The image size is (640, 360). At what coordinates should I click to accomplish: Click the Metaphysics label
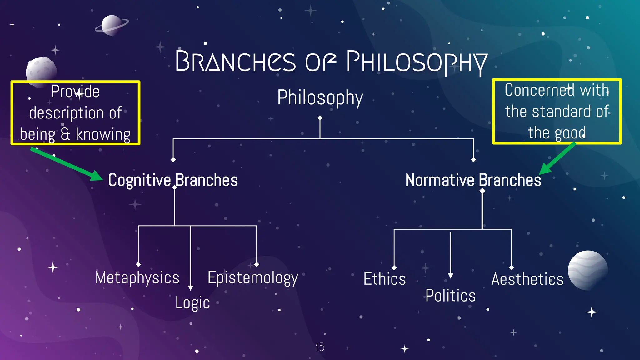[137, 277]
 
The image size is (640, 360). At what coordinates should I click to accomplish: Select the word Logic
[192, 302]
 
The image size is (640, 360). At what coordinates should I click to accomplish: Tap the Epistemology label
[252, 278]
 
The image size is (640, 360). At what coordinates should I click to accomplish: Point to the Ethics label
[384, 279]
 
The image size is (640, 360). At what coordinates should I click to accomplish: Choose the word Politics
[450, 295]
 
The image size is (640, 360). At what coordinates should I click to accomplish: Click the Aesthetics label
[527, 279]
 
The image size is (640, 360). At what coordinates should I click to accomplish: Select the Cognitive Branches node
[173, 180]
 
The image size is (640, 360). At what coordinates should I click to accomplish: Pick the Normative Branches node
[473, 180]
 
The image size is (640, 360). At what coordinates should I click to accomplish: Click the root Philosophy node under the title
[320, 97]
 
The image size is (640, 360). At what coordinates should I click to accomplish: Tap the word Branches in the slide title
[235, 61]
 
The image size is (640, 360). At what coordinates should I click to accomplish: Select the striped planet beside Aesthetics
[587, 270]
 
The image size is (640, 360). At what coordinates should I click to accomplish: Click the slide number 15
[320, 347]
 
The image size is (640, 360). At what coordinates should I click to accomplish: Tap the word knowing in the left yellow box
[103, 134]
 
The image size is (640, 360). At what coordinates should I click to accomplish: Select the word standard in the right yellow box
[561, 112]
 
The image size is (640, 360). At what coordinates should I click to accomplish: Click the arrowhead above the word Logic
[190, 288]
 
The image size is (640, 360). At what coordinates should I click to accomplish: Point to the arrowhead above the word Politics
[450, 276]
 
